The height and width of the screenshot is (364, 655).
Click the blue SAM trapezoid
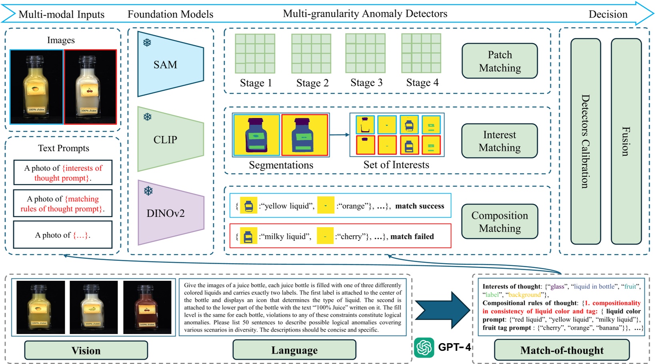pyautogui.click(x=170, y=64)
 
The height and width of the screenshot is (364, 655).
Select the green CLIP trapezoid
pyautogui.click(x=170, y=139)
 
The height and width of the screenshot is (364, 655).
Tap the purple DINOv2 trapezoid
pyautogui.click(x=170, y=213)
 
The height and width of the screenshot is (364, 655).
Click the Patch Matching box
pyautogui.click(x=499, y=61)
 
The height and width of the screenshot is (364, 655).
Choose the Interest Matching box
pyautogui.click(x=499, y=141)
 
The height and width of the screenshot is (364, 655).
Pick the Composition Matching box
pyautogui.click(x=499, y=221)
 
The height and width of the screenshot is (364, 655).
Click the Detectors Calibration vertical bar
pyautogui.click(x=585, y=141)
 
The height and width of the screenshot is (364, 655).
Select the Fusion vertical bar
pyautogui.click(x=626, y=141)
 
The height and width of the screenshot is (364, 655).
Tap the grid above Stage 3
pyautogui.click(x=365, y=53)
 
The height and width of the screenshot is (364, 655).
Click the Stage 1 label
pyautogui.click(x=256, y=83)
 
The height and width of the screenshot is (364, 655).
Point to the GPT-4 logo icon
pyautogui.click(x=424, y=347)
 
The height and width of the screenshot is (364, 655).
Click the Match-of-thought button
pyautogui.click(x=561, y=350)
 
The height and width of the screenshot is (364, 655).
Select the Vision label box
pyautogui.click(x=86, y=350)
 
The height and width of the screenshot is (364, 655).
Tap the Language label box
pyautogui.click(x=294, y=350)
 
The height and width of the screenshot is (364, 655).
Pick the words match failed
pyautogui.click(x=412, y=236)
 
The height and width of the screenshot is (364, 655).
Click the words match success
pyautogui.click(x=419, y=206)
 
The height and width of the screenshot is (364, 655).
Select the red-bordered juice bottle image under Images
pyautogui.click(x=90, y=87)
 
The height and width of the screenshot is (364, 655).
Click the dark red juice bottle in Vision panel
pyautogui.click(x=147, y=307)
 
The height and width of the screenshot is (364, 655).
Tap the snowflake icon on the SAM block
pyautogui.click(x=147, y=42)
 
